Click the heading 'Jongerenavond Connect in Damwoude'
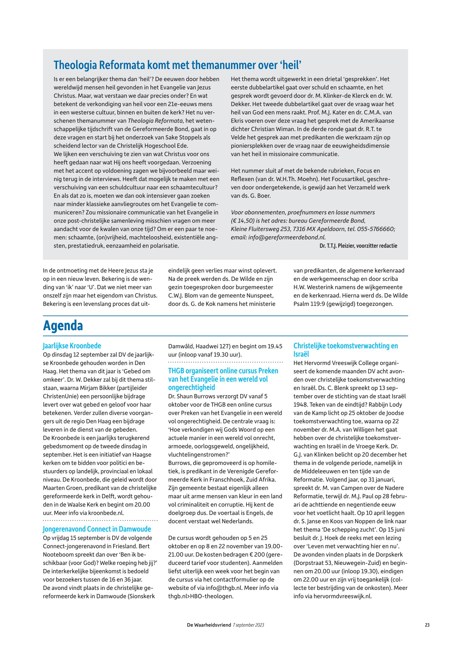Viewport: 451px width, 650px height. point(97,529)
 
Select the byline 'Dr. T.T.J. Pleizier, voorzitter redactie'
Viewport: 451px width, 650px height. point(358,246)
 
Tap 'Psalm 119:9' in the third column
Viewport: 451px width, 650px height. point(308,304)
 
